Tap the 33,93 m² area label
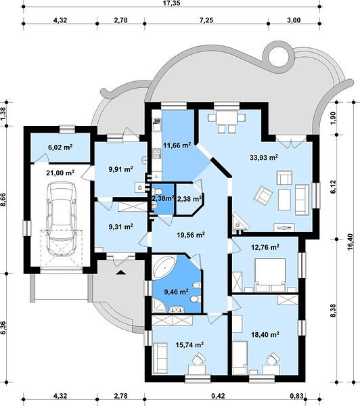[264, 157]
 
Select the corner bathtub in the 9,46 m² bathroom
[164, 267]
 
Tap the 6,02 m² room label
[60, 148]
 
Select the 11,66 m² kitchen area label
[177, 145]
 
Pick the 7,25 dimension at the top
[206, 20]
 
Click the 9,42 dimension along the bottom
[218, 396]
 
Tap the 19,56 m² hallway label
[191, 235]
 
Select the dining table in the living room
[227, 118]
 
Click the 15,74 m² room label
[189, 344]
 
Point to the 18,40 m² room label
[265, 334]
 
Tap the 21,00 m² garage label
[60, 173]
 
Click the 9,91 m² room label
[120, 169]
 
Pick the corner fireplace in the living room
[240, 222]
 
